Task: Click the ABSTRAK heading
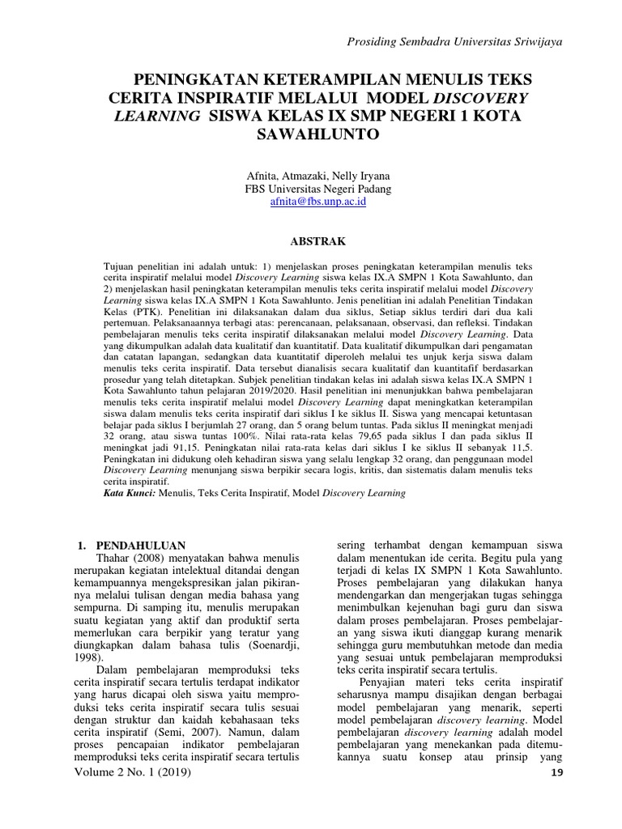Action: [317, 240]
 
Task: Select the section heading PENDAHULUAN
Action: [142, 545]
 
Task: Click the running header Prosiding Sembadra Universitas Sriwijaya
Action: [454, 41]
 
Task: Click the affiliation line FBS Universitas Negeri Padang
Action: [317, 189]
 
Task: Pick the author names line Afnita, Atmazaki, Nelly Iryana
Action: [317, 174]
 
